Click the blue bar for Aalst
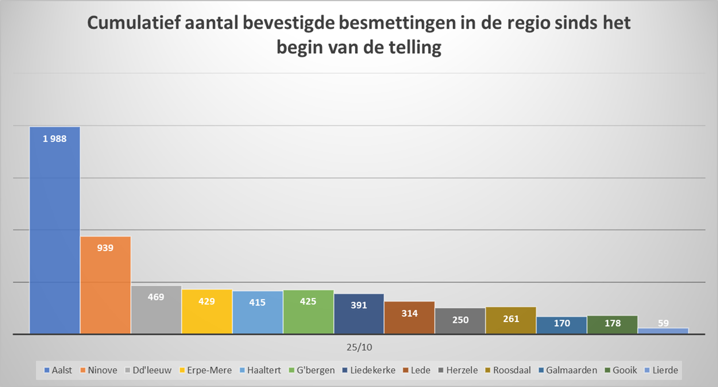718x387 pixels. click(x=54, y=230)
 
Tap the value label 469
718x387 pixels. click(x=156, y=297)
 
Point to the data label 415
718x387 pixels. click(x=257, y=302)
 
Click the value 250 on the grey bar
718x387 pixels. click(x=460, y=320)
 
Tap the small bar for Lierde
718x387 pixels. click(x=663, y=331)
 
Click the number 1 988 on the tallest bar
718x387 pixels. click(x=54, y=139)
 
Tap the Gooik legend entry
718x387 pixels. click(x=621, y=370)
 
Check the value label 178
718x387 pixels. click(x=612, y=323)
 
